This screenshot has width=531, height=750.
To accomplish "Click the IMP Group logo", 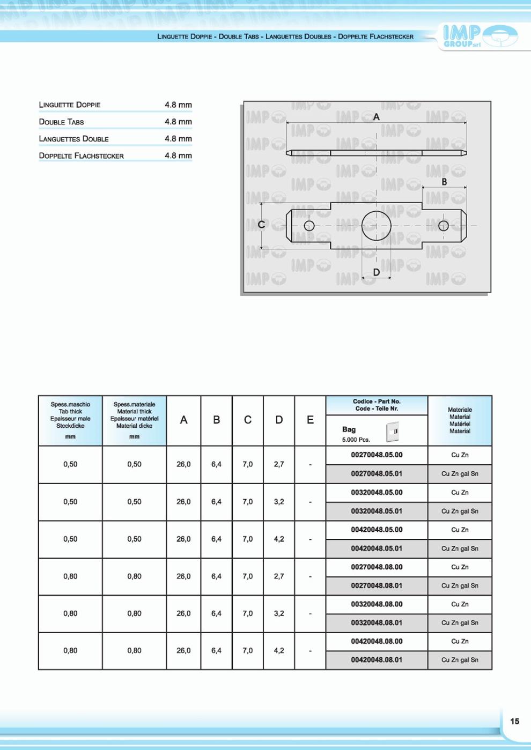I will pos(480,36).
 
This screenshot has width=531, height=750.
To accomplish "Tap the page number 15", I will pos(514,721).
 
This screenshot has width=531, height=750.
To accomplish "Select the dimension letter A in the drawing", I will pos(376,117).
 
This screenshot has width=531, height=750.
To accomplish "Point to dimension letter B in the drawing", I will pos(444,182).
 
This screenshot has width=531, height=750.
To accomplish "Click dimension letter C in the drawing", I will pos(261,225).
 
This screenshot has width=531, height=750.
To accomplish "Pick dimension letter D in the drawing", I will pos(376,272).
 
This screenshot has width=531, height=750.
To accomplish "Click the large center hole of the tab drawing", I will pos(376,226).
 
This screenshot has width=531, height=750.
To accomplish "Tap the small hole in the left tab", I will pos(309,226).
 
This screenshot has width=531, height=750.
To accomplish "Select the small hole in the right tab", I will pos(443,226).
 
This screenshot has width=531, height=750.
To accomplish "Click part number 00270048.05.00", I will pos(377,455).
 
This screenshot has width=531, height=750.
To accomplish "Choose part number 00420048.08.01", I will pos(377,660).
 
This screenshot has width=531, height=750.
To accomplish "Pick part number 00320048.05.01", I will pos(377,511).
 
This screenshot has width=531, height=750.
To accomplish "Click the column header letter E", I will pos(310,420).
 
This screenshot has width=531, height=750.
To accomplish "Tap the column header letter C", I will pos(247,420).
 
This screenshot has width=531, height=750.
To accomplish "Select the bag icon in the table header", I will pos(393,432).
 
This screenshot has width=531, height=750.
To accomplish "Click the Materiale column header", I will pos(460,420).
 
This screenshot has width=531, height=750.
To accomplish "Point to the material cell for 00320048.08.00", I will pos(460,604).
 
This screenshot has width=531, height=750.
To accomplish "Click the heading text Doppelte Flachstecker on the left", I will pos(81,156).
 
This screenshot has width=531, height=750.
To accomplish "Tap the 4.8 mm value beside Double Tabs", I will pos(178,122).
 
